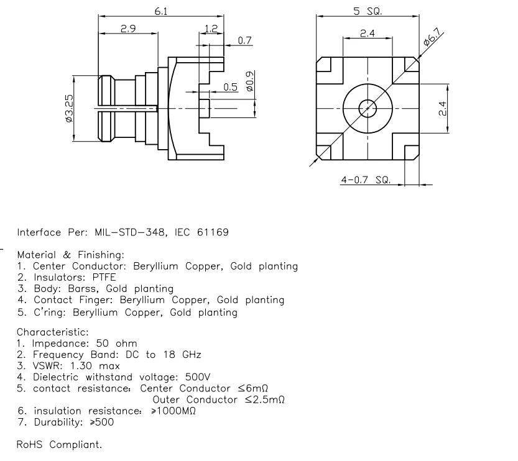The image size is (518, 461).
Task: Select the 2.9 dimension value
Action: coord(128,29)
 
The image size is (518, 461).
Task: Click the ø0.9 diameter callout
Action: coord(250,81)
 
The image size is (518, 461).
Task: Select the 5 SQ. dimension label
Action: coord(368,11)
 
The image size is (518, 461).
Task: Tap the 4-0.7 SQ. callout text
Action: coord(365,180)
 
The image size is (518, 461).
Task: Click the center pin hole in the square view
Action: coord(368,109)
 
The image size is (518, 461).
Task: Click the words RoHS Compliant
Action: coord(59,445)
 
